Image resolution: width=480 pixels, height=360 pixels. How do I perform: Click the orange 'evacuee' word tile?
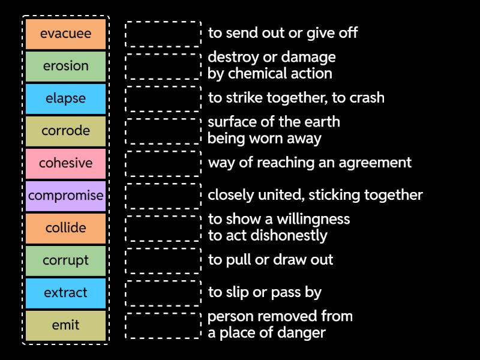[66, 34]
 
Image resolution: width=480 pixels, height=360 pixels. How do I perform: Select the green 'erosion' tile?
[66, 66]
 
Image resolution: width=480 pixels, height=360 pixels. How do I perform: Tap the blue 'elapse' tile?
[66, 98]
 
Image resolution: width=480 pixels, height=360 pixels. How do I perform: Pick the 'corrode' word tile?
[66, 131]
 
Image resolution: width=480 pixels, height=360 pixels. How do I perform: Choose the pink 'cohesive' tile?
[66, 163]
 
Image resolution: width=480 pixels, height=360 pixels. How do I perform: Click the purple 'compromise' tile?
[66, 196]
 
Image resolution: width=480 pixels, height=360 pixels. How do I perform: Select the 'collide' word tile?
[66, 228]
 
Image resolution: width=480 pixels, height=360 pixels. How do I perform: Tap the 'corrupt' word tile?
[66, 260]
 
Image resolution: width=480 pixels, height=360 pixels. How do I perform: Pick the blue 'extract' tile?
[66, 293]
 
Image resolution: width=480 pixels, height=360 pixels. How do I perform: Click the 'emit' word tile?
[66, 325]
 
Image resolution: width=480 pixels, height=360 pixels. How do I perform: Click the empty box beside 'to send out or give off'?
[163, 34]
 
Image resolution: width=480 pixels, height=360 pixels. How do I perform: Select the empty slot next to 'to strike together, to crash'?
[163, 98]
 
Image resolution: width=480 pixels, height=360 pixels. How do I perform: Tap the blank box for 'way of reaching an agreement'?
[163, 163]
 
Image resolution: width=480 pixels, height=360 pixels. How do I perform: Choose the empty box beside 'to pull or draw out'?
[163, 260]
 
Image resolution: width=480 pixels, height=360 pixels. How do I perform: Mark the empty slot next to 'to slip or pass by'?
[163, 293]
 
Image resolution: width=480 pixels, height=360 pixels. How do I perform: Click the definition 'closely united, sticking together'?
[315, 195]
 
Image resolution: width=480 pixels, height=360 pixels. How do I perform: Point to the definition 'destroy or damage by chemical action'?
[271, 65]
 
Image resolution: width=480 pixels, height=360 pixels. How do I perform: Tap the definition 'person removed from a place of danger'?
[280, 325]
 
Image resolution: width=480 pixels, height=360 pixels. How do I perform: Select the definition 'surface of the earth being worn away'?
[274, 130]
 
